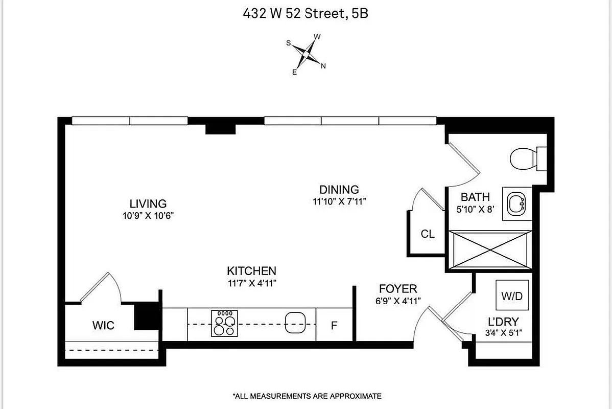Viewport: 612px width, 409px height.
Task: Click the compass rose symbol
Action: [x=306, y=54]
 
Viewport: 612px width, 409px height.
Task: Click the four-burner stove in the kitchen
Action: [x=225, y=324]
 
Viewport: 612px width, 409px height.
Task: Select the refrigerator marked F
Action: [x=334, y=325]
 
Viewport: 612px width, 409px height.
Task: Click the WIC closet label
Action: [x=103, y=325]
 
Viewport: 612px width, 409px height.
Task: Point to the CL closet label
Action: [x=428, y=234]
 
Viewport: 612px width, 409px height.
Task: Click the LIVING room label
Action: [x=148, y=203]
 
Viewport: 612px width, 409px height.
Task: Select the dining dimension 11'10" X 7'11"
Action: [x=339, y=202]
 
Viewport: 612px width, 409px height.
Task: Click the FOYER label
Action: [x=397, y=289]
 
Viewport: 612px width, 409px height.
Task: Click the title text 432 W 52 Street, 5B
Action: [x=305, y=14]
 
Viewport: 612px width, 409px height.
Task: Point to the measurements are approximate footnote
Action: [x=307, y=396]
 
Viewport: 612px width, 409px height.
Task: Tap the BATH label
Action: [x=475, y=197]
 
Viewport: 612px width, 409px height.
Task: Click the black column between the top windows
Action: [x=220, y=127]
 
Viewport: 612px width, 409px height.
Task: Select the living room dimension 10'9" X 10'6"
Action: [x=148, y=215]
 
